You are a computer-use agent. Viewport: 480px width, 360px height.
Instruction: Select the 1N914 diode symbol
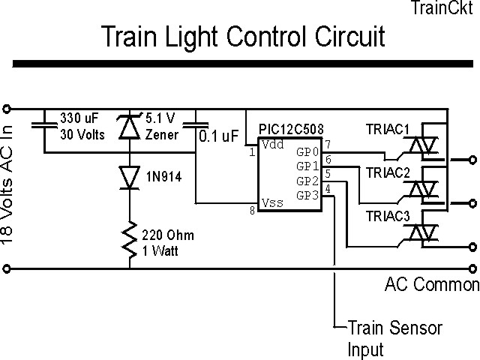pyautogui.click(x=130, y=176)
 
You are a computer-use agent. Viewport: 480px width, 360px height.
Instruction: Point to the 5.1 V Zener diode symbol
pyautogui.click(x=130, y=128)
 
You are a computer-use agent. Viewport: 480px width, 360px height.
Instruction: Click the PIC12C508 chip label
pyautogui.click(x=290, y=130)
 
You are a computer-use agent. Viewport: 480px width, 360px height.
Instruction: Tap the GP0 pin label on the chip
pyautogui.click(x=307, y=152)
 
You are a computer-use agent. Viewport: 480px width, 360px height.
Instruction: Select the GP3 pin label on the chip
pyautogui.click(x=307, y=195)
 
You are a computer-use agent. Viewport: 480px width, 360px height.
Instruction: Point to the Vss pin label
pyautogui.click(x=271, y=202)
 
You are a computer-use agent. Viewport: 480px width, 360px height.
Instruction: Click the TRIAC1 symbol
pyautogui.click(x=428, y=148)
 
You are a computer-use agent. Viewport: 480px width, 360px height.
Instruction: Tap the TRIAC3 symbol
pyautogui.click(x=428, y=233)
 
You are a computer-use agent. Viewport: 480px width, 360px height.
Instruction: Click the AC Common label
pyautogui.click(x=431, y=285)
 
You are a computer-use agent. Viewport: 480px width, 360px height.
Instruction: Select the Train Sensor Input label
pyautogui.click(x=394, y=338)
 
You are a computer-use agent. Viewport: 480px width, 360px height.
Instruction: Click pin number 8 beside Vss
pyautogui.click(x=252, y=211)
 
